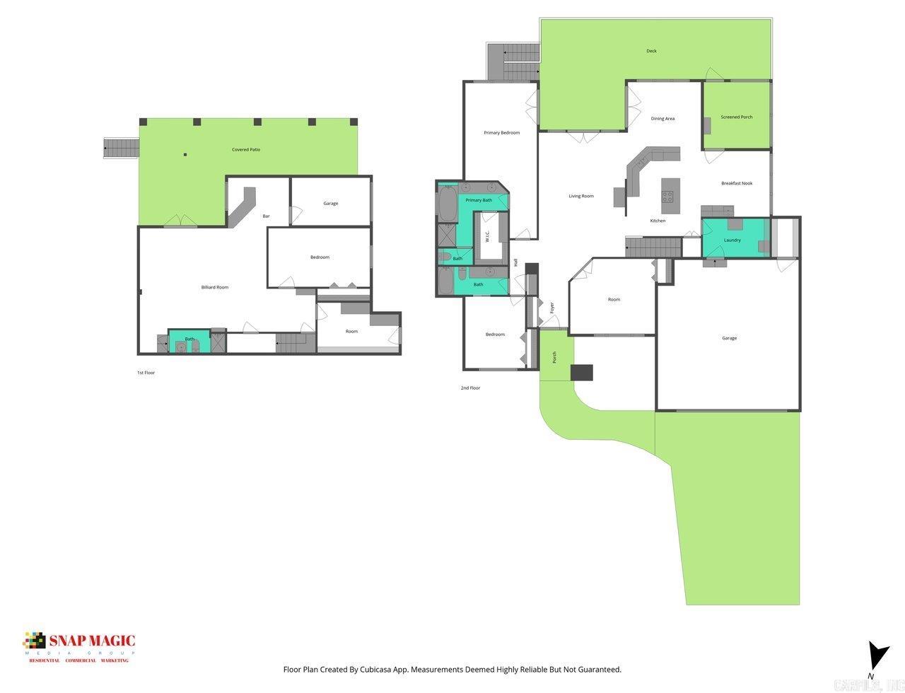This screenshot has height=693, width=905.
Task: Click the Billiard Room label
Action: coord(215,287)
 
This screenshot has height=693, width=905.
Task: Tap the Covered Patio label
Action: coord(246,150)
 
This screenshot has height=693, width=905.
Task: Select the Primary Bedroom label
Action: coord(502,133)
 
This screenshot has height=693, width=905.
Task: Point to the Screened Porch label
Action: coord(737,117)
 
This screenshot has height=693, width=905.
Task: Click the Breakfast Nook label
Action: coord(737,183)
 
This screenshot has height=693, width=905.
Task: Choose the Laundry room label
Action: coord(732,240)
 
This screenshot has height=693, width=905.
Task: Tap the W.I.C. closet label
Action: coord(487,236)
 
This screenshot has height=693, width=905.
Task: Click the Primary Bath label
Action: coord(479,200)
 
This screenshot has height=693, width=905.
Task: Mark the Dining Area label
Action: coord(662,119)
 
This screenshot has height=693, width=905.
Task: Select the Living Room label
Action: coord(581,196)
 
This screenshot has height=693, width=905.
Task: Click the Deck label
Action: coord(651,51)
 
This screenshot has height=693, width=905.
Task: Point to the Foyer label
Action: coord(552,308)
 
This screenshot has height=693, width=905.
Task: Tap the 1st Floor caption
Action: coord(146,373)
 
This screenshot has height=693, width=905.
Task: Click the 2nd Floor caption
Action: coord(470,388)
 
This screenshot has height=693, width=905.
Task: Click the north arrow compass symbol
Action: coord(877,657)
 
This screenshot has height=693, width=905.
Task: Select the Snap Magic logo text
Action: coord(90,641)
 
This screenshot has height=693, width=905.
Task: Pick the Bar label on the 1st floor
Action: coord(266,216)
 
